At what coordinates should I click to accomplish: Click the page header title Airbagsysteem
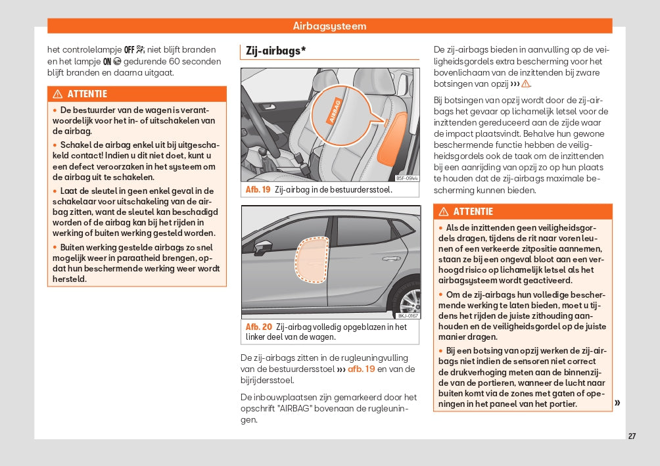(329, 26)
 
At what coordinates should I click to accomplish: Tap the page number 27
(632, 436)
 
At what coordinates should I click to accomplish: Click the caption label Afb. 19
(258, 189)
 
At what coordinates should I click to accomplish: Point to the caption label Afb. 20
(258, 327)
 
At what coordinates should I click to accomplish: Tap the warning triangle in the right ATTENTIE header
(444, 212)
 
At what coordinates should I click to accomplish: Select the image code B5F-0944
(407, 178)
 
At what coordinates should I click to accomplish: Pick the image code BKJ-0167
(408, 315)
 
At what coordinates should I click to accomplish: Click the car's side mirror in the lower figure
(263, 248)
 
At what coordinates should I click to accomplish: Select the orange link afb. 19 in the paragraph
(361, 369)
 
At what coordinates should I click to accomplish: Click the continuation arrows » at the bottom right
(617, 402)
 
